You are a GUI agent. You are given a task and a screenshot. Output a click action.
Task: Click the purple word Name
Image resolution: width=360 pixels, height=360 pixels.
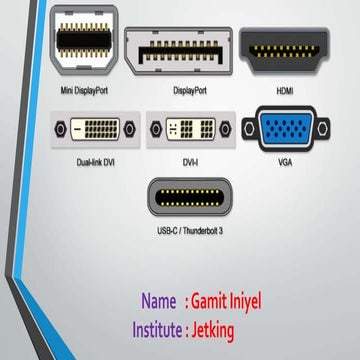[159, 301]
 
